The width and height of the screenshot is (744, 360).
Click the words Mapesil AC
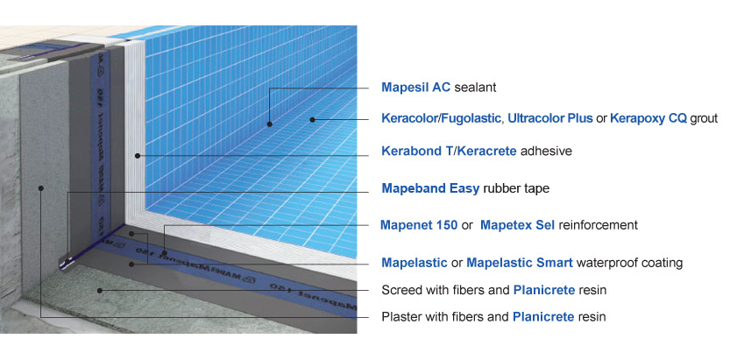(415, 88)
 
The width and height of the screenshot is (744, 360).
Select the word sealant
(476, 88)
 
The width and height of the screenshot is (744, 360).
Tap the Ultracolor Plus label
(550, 118)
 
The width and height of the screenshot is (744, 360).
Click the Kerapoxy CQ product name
(648, 118)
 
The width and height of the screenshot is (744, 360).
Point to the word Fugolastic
(471, 118)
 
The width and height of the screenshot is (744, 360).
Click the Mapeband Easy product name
(430, 188)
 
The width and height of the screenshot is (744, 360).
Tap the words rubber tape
(516, 188)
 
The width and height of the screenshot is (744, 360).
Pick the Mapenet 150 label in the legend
(419, 225)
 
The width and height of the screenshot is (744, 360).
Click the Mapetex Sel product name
(517, 225)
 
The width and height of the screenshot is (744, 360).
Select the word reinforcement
(598, 225)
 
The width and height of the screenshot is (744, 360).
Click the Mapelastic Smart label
(520, 262)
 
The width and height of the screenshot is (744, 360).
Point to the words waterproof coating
(629, 262)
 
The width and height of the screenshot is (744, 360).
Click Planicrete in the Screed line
(544, 290)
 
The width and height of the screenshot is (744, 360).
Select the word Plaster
(399, 316)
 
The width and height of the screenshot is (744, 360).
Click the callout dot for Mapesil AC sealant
(270, 124)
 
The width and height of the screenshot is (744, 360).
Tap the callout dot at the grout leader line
(312, 119)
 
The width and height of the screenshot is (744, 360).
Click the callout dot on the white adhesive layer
(137, 156)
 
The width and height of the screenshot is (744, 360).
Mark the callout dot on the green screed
(100, 290)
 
